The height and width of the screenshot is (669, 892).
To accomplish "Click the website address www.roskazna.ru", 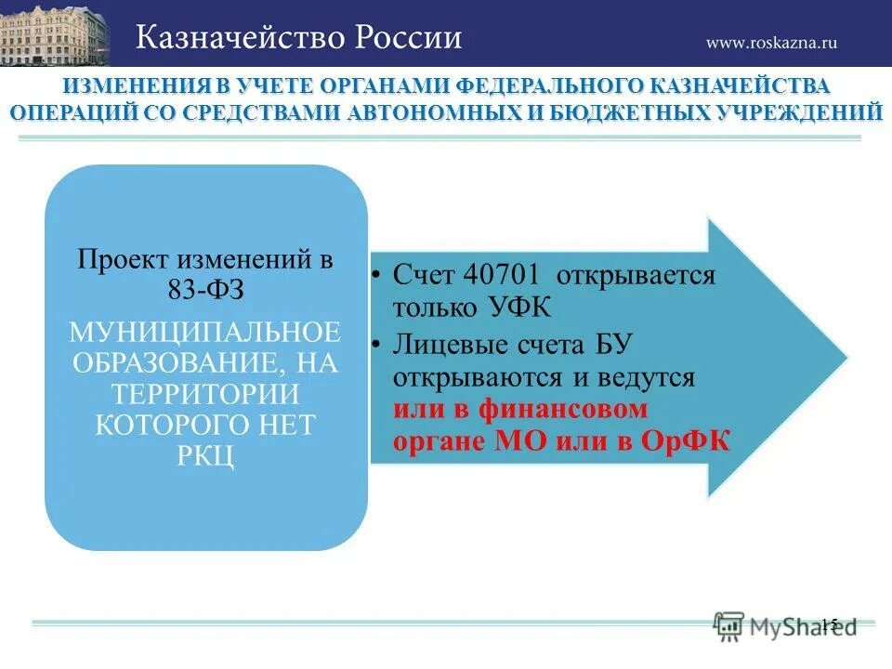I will (x=771, y=42).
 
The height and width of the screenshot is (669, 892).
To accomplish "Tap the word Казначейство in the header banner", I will (x=238, y=37).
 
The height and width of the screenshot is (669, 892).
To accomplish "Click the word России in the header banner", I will (x=409, y=37).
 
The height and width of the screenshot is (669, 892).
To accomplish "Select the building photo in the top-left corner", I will (x=54, y=33).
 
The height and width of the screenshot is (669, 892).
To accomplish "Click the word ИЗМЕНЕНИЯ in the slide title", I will (x=135, y=86).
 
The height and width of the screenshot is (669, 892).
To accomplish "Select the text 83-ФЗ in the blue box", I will (x=205, y=288).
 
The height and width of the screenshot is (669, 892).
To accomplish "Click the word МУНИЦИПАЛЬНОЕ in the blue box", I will (x=205, y=332).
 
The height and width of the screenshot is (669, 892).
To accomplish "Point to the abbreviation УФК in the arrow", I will (x=523, y=308).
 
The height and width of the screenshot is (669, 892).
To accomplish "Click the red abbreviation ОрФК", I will (x=686, y=440).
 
